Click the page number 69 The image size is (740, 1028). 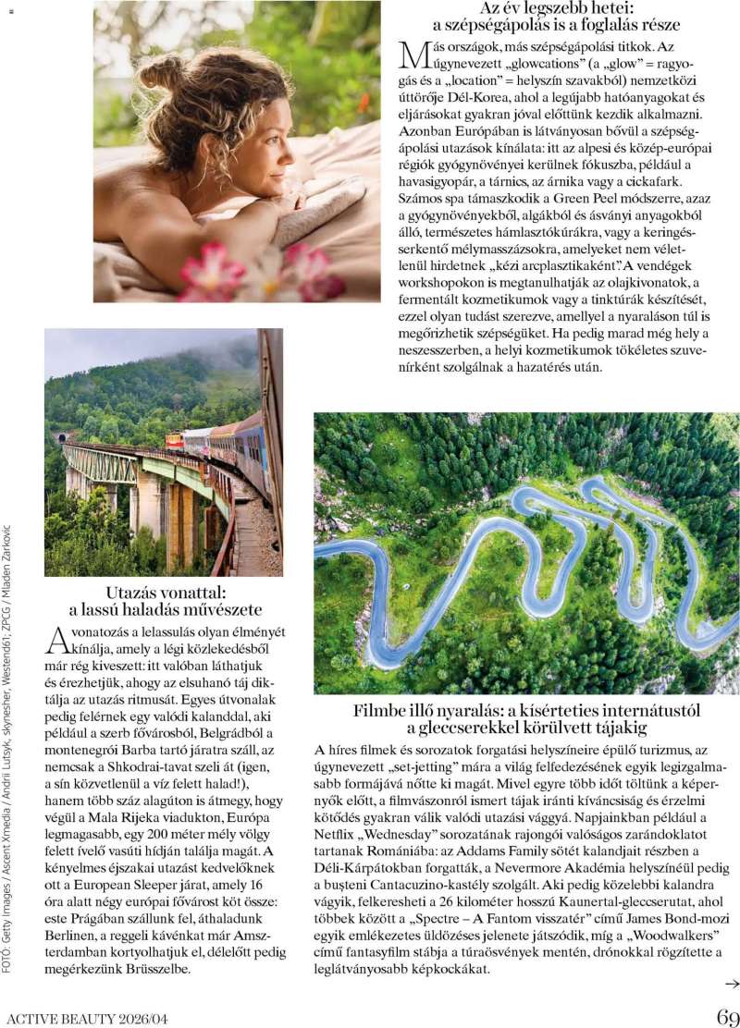tap(727, 1016)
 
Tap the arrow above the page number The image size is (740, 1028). tap(732, 985)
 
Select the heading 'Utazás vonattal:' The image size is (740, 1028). tap(166, 592)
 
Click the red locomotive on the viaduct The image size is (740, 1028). tap(173, 438)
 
